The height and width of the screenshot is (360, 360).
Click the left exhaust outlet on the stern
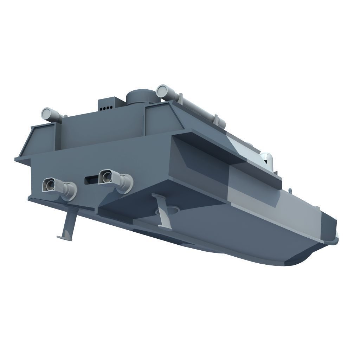click(50, 185)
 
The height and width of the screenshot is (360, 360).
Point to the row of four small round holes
click(107, 108)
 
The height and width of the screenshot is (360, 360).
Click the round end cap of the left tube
click(47, 114)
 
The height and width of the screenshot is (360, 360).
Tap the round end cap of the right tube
click(163, 91)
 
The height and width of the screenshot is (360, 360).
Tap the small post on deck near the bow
click(290, 190)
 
